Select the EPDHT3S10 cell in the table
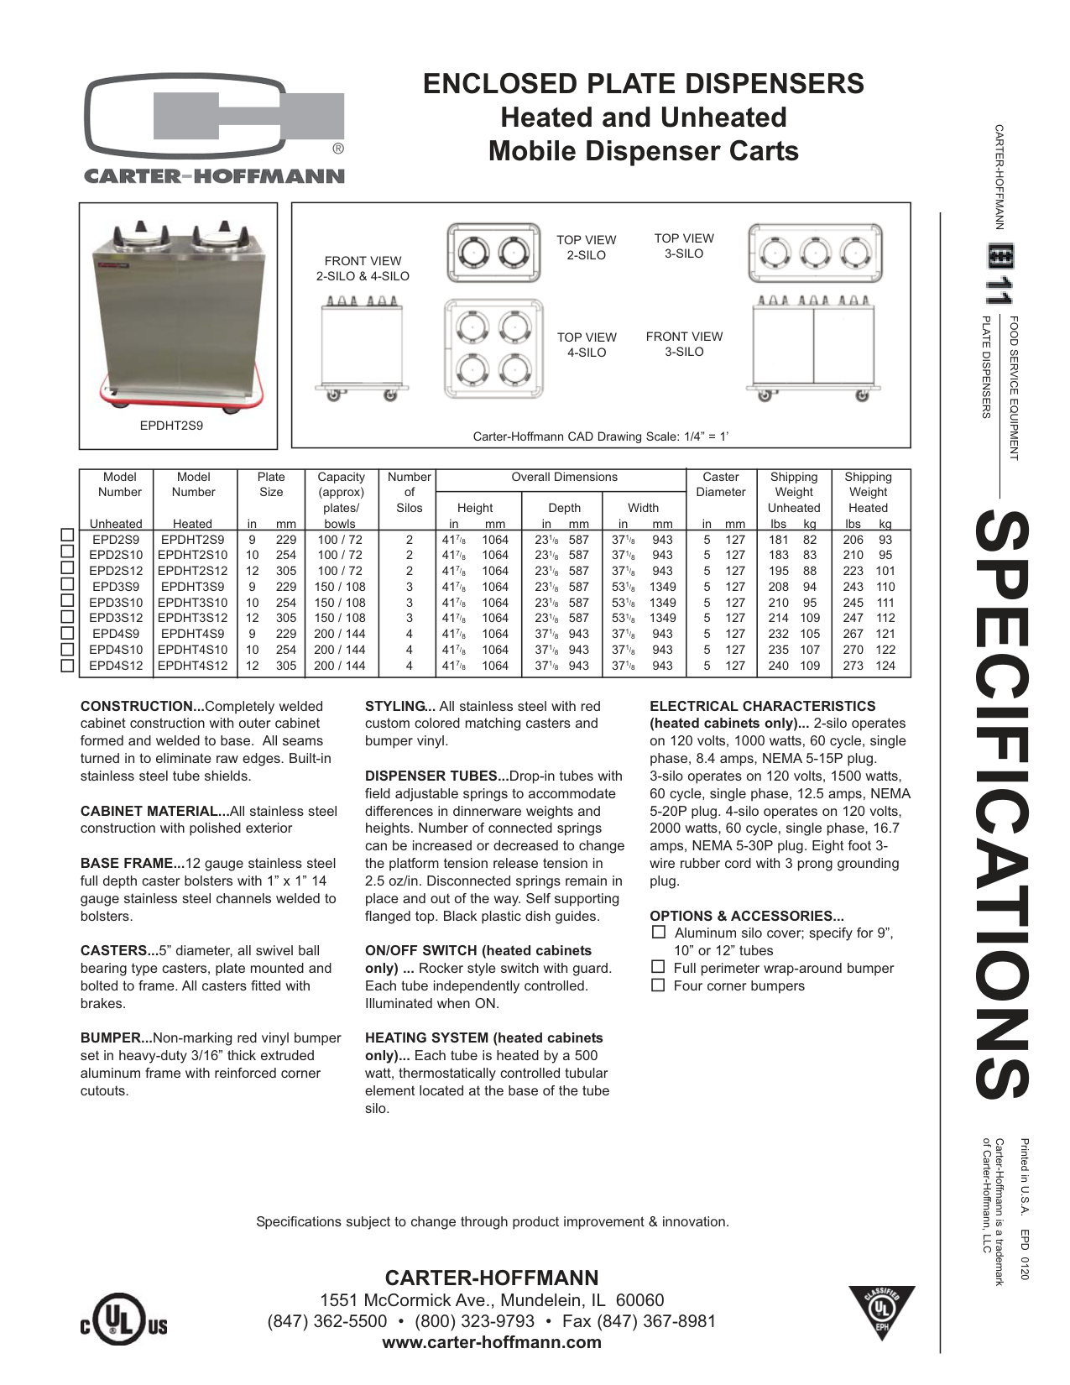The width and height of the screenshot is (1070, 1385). coord(192,603)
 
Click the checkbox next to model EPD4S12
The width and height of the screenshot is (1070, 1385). coord(68,666)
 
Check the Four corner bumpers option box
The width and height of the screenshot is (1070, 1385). coord(658,985)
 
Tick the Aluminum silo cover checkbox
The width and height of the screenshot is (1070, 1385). coord(658,933)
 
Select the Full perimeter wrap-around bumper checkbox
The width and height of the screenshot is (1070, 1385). coord(658,968)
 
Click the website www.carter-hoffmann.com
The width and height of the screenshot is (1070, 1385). coord(491,1341)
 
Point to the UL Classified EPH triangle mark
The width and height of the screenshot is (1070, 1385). coord(881,1310)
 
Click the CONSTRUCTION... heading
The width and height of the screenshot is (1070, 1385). coord(142,707)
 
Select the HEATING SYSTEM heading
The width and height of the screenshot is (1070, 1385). coord(483,1038)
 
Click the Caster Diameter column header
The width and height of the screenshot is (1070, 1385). coord(720,484)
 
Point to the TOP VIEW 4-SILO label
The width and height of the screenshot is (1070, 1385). coord(587,345)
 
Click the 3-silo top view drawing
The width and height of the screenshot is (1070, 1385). coord(814,253)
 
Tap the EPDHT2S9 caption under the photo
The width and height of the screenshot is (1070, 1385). coord(171,426)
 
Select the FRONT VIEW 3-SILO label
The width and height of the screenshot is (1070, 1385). coord(684,344)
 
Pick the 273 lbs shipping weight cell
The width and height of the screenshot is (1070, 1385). coord(853,666)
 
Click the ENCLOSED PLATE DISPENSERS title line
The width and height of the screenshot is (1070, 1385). coord(643,84)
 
